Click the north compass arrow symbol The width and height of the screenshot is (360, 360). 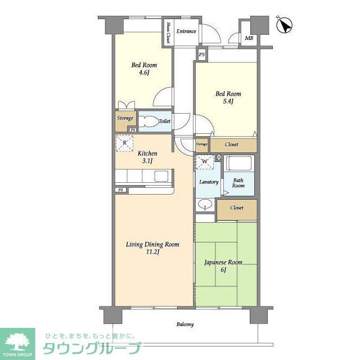click(x=286, y=25)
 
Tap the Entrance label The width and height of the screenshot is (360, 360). click(x=186, y=31)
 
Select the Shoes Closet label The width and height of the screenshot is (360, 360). click(x=168, y=33)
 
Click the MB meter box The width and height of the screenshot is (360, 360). click(x=249, y=38)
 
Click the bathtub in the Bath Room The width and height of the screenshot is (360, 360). click(x=239, y=165)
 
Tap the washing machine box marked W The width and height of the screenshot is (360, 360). click(x=204, y=162)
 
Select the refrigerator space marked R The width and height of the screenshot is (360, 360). click(x=124, y=143)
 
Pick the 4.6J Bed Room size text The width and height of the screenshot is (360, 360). click(x=144, y=73)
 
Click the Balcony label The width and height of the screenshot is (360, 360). click(x=185, y=325)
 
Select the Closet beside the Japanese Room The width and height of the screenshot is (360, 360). click(x=237, y=208)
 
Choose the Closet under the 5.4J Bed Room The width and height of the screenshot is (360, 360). click(x=231, y=145)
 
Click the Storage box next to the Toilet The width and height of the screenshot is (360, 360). click(x=125, y=119)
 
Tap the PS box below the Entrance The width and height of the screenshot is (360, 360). click(x=202, y=54)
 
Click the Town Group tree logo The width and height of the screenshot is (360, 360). click(x=17, y=341)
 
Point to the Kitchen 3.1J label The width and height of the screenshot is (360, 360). click(x=147, y=157)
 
